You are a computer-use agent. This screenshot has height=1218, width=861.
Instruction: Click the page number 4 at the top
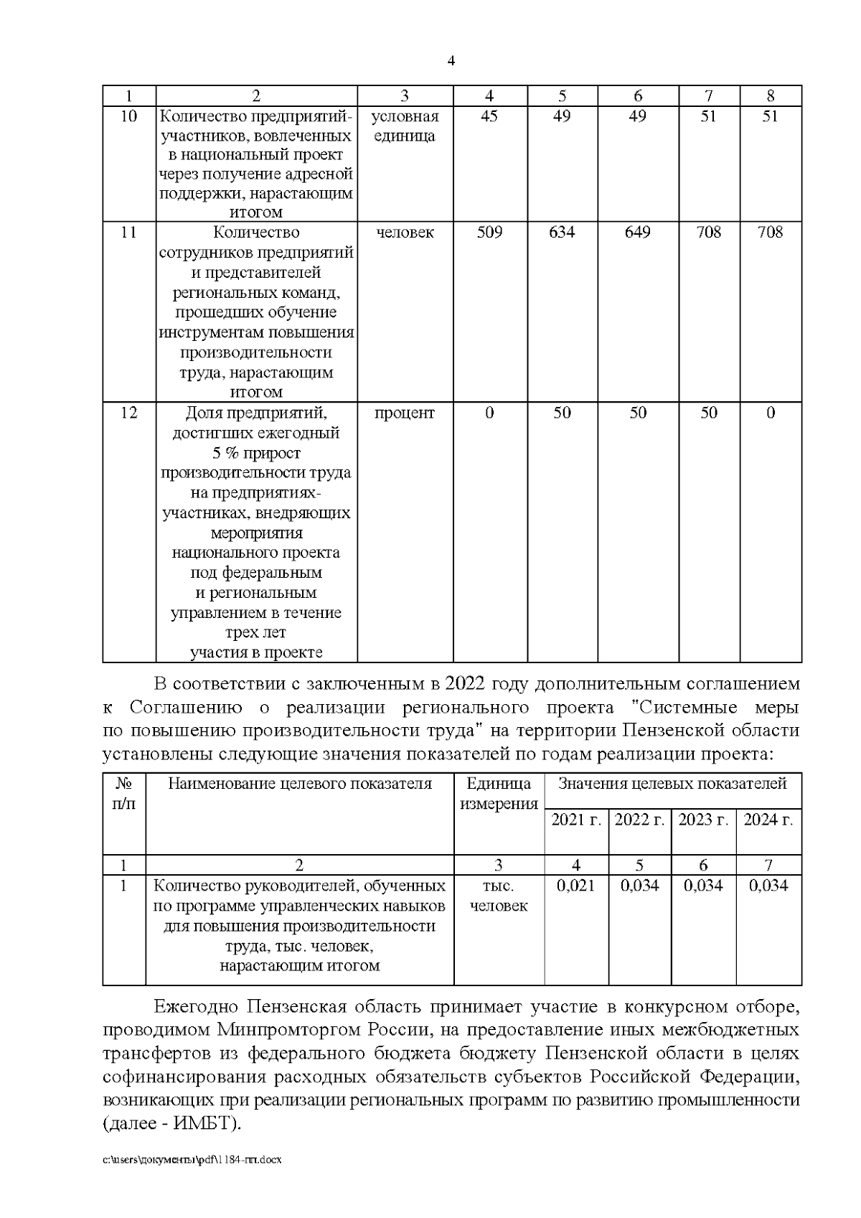click(x=451, y=62)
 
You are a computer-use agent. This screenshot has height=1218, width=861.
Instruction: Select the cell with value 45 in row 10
click(x=489, y=116)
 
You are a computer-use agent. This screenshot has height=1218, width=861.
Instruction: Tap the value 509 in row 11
click(x=489, y=232)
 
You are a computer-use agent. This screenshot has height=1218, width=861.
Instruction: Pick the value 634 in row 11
click(x=562, y=232)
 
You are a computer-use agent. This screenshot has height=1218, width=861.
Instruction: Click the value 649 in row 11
click(x=637, y=232)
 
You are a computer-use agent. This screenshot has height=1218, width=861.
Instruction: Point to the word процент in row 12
click(x=405, y=413)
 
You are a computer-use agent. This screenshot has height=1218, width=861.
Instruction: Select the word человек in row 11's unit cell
click(x=405, y=232)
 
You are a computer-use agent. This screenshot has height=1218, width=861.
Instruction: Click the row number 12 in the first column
click(x=128, y=413)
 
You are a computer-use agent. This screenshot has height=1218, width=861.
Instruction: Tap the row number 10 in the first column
click(x=128, y=116)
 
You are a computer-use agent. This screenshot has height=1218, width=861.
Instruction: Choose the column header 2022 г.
click(x=639, y=820)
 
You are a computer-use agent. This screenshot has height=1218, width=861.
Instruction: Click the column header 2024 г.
click(x=768, y=820)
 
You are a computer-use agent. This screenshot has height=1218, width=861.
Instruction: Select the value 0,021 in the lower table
click(x=576, y=886)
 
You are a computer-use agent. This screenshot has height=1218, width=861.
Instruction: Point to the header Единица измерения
click(x=499, y=794)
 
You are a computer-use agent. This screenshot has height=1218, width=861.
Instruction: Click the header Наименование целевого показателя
click(x=300, y=784)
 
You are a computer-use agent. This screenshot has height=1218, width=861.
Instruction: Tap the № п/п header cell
click(x=124, y=794)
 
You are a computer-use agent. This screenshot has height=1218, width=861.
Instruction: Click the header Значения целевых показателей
click(x=672, y=784)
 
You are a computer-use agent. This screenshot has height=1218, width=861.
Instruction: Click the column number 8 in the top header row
click(x=770, y=95)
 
